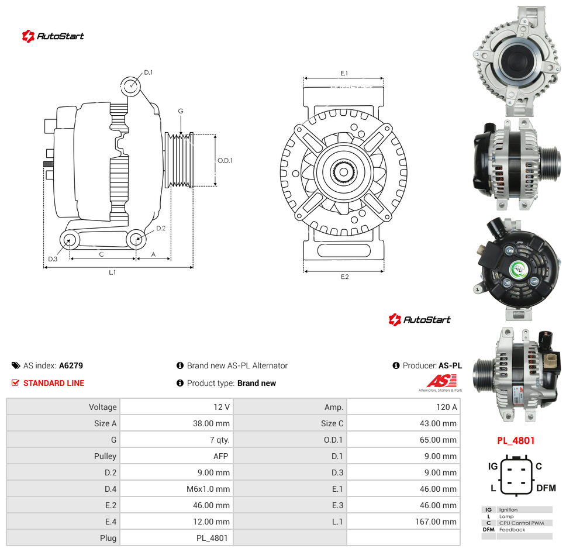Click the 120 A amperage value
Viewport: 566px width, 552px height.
446,407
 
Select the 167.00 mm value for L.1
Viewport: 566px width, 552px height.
436,522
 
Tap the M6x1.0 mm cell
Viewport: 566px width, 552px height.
208,489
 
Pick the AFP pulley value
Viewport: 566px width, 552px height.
220,456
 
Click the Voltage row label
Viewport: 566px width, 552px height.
102,407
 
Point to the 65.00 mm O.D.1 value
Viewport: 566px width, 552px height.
438,440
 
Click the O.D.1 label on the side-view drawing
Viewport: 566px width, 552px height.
225,160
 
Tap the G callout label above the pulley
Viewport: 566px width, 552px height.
181,111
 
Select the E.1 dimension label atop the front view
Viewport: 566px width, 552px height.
344,73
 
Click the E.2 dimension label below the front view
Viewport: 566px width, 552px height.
345,277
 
